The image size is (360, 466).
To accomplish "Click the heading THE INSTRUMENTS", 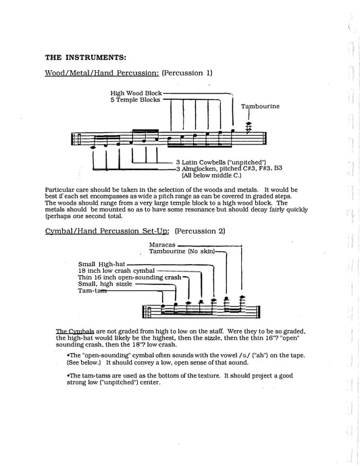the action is [85, 57].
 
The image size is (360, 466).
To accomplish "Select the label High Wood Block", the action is [136, 93].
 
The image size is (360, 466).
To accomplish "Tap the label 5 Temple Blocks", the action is [135, 100].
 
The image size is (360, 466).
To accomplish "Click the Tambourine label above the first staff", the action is [260, 106].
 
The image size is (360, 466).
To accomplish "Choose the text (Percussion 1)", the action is [187, 73].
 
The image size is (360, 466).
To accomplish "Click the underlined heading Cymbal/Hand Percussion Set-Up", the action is [107, 231].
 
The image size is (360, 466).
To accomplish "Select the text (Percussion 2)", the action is [200, 231].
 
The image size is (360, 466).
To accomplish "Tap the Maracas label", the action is [162, 245].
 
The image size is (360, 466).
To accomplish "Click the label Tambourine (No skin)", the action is [182, 251].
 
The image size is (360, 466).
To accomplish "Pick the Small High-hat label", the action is [102, 264].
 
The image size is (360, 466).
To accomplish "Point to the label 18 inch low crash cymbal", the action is [117, 271].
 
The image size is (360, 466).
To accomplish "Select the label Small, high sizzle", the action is [105, 284].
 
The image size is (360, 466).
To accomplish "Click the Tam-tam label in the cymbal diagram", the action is [92, 290].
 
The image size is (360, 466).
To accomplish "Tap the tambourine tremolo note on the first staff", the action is [249, 127].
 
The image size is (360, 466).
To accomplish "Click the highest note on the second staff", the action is [242, 296].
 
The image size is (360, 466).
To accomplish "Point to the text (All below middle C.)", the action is [211, 176].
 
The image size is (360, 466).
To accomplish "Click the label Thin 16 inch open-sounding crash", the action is [130, 278].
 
